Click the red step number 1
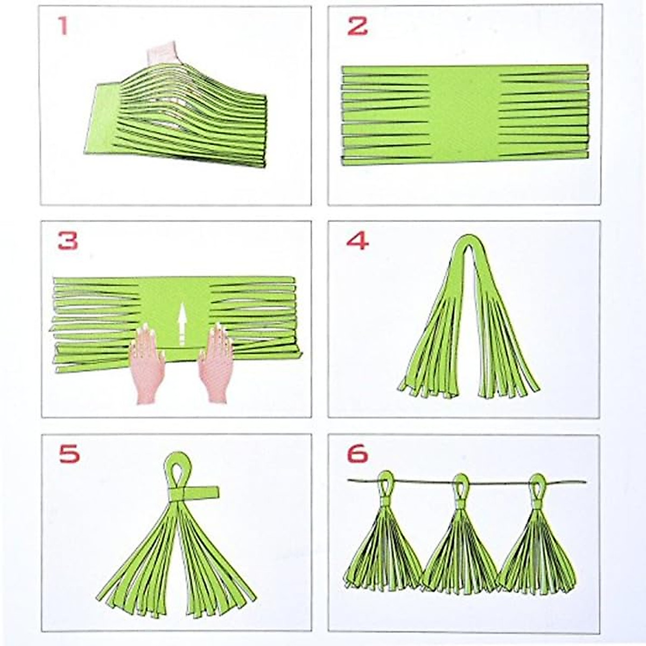(x=64, y=25)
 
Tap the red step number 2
(x=357, y=26)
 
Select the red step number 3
(x=68, y=241)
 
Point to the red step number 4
(x=357, y=241)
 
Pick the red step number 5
(x=69, y=454)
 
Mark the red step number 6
(x=357, y=454)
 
